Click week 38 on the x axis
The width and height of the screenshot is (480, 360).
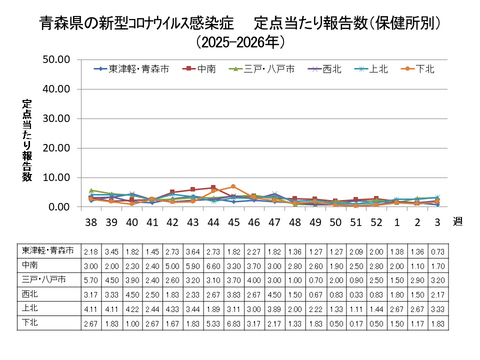point(91,222)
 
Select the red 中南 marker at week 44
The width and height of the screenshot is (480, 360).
point(213,187)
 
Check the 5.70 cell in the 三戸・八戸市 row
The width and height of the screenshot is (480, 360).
point(91,281)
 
